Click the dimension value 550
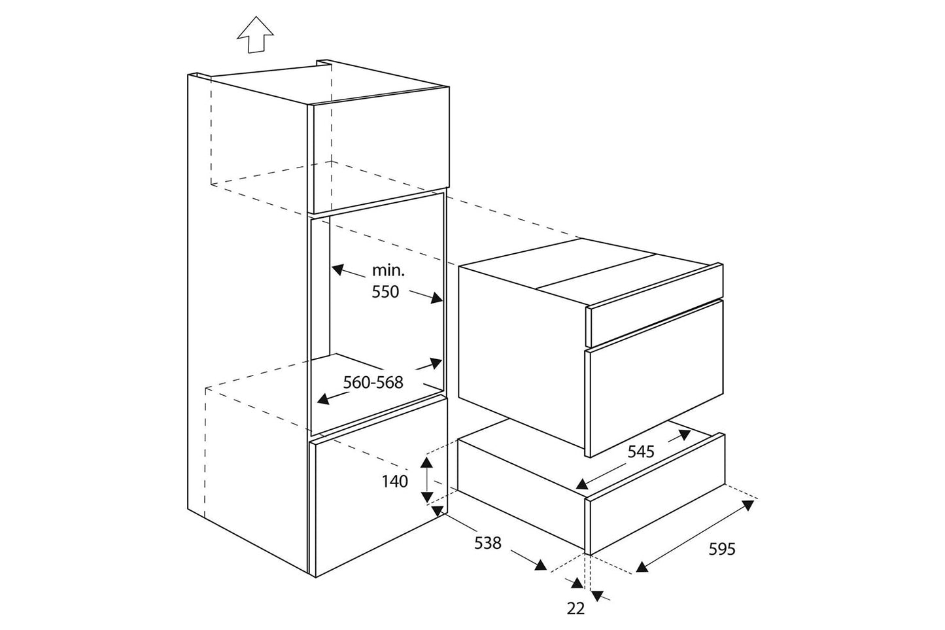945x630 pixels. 385,292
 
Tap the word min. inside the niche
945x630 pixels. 388,269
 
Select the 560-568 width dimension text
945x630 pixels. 373,382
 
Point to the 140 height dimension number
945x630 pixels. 395,481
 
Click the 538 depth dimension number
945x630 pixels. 487,542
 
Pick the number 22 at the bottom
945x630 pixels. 576,608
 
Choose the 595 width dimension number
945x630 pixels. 722,549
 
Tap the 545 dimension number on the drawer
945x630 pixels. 642,451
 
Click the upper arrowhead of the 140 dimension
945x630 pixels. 426,463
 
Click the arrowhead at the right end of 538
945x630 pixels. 540,565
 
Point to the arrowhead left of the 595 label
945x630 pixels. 643,568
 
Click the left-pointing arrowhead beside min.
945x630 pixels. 337,268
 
